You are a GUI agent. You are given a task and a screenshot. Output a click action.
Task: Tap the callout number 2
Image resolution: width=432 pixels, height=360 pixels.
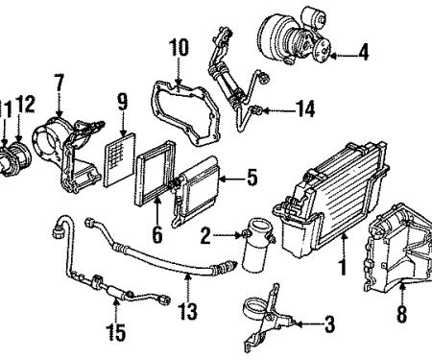204,234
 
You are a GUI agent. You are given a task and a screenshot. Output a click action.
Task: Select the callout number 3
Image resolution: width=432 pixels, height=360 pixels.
329,324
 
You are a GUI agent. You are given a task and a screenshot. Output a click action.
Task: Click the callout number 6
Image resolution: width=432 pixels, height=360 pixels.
156,232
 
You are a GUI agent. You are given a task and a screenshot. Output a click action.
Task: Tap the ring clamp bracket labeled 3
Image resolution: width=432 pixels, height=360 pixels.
266,312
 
